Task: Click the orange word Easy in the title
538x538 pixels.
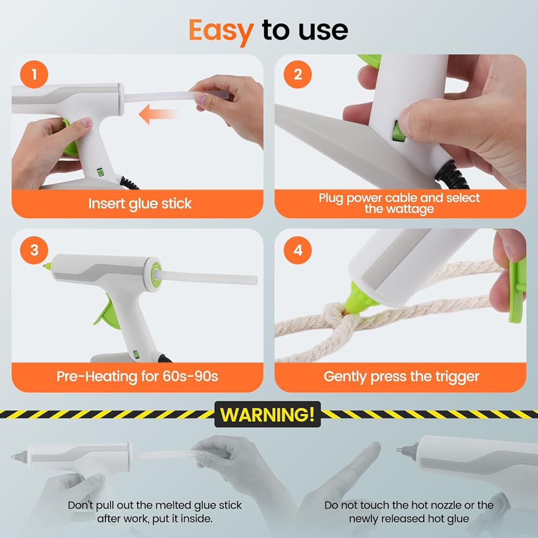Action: (221, 32)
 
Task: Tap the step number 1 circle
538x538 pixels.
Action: (34, 74)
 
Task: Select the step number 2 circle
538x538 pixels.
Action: (298, 74)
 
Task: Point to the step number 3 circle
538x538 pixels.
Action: (34, 250)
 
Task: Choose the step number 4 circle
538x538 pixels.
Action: (298, 250)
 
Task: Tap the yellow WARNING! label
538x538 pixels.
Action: (267, 414)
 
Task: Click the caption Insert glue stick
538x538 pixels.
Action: (140, 203)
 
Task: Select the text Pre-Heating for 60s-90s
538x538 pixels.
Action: (137, 377)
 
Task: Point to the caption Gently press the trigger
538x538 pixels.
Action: (401, 377)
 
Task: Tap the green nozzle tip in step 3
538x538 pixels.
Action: (47, 265)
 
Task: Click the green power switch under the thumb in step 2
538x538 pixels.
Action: (398, 131)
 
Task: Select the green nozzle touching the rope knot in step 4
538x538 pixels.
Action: (357, 298)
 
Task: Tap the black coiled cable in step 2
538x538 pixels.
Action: (452, 175)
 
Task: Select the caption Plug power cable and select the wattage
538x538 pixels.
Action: (399, 203)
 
